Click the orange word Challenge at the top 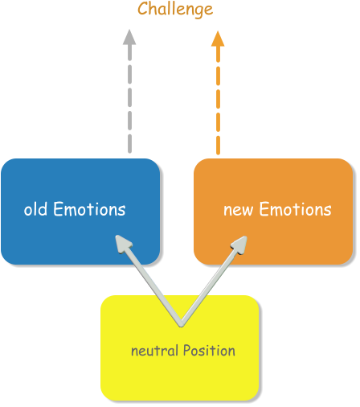pyautogui.click(x=175, y=10)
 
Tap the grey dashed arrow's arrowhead pyautogui.click(x=129, y=36)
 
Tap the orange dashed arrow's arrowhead pyautogui.click(x=218, y=37)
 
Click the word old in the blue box pyautogui.click(x=36, y=210)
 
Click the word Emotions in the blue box pyautogui.click(x=89, y=210)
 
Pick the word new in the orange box pyautogui.click(x=237, y=210)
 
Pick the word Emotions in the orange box pyautogui.click(x=293, y=210)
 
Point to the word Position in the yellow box pyautogui.click(x=209, y=351)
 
